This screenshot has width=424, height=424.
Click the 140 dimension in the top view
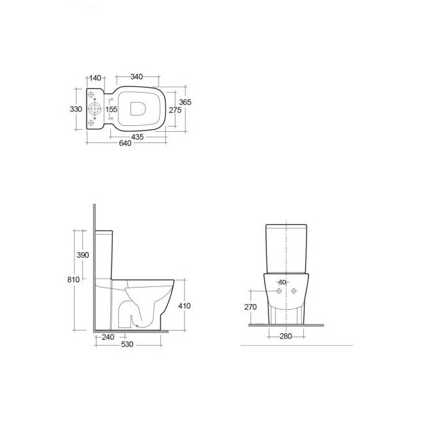point(95,78)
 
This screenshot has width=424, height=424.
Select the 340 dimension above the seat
point(136,77)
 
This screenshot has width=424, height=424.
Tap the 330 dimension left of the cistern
point(76,109)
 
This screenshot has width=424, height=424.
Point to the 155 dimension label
point(112,109)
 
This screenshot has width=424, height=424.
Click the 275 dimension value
point(175,110)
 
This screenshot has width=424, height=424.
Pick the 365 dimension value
point(185,102)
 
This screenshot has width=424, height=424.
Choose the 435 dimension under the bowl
point(138,137)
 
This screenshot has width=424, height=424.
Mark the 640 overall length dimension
point(125,144)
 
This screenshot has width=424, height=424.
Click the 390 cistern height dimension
point(83,255)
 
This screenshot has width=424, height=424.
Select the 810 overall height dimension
point(73,280)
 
